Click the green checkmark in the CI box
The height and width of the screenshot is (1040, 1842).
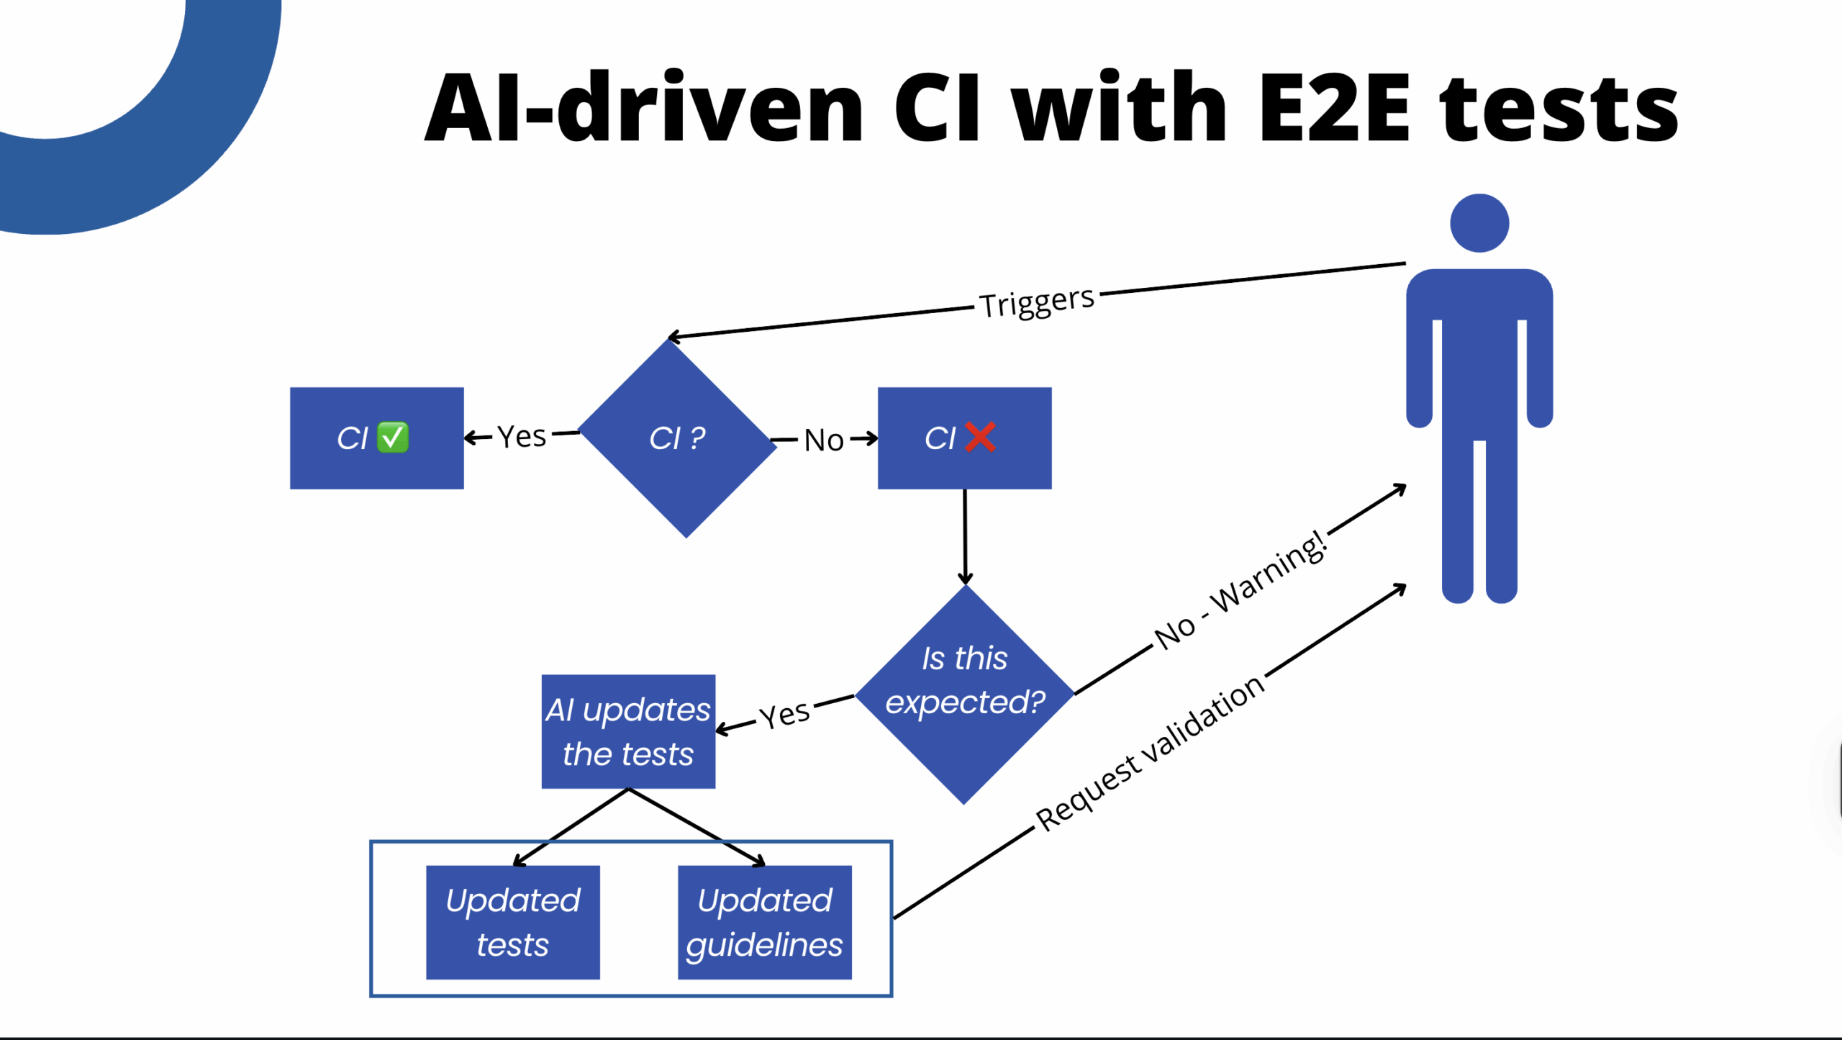click(393, 438)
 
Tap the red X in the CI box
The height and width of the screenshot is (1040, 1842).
click(980, 437)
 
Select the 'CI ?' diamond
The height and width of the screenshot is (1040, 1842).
click(677, 438)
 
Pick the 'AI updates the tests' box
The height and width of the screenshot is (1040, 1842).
click(628, 731)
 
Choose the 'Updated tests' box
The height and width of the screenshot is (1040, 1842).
click(512, 922)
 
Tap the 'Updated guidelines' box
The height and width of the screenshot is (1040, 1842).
click(764, 922)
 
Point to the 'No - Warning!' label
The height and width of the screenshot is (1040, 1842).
click(1240, 589)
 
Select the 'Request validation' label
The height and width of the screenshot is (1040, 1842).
click(1149, 754)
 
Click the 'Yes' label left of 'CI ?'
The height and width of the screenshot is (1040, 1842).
click(522, 436)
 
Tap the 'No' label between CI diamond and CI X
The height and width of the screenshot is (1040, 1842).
click(824, 440)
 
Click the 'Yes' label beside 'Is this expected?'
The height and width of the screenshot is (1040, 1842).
click(785, 715)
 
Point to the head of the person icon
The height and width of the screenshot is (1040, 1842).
click(1479, 223)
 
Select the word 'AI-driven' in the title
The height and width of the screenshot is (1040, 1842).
click(644, 108)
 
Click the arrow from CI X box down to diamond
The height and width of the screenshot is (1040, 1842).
click(965, 536)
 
